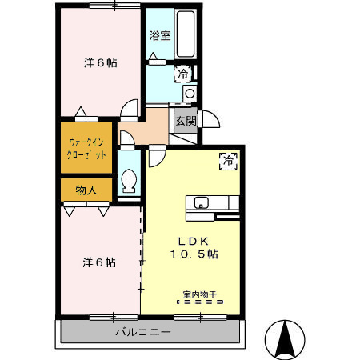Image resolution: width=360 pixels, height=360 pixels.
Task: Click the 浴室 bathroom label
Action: [159, 35]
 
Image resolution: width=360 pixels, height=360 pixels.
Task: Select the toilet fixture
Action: [128, 183]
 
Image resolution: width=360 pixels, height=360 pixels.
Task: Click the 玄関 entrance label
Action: [186, 121]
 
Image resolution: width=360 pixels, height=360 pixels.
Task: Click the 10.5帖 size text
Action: [194, 254]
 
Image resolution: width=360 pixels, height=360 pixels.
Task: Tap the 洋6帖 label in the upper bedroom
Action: [101, 62]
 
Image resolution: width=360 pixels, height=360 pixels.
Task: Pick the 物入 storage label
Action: [86, 190]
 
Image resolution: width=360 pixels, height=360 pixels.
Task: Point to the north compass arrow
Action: [285, 339]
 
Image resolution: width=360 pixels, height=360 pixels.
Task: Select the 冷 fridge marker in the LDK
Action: [229, 159]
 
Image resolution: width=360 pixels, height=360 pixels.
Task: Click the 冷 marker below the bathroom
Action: [184, 74]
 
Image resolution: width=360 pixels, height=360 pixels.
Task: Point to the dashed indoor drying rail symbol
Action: [200, 303]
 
